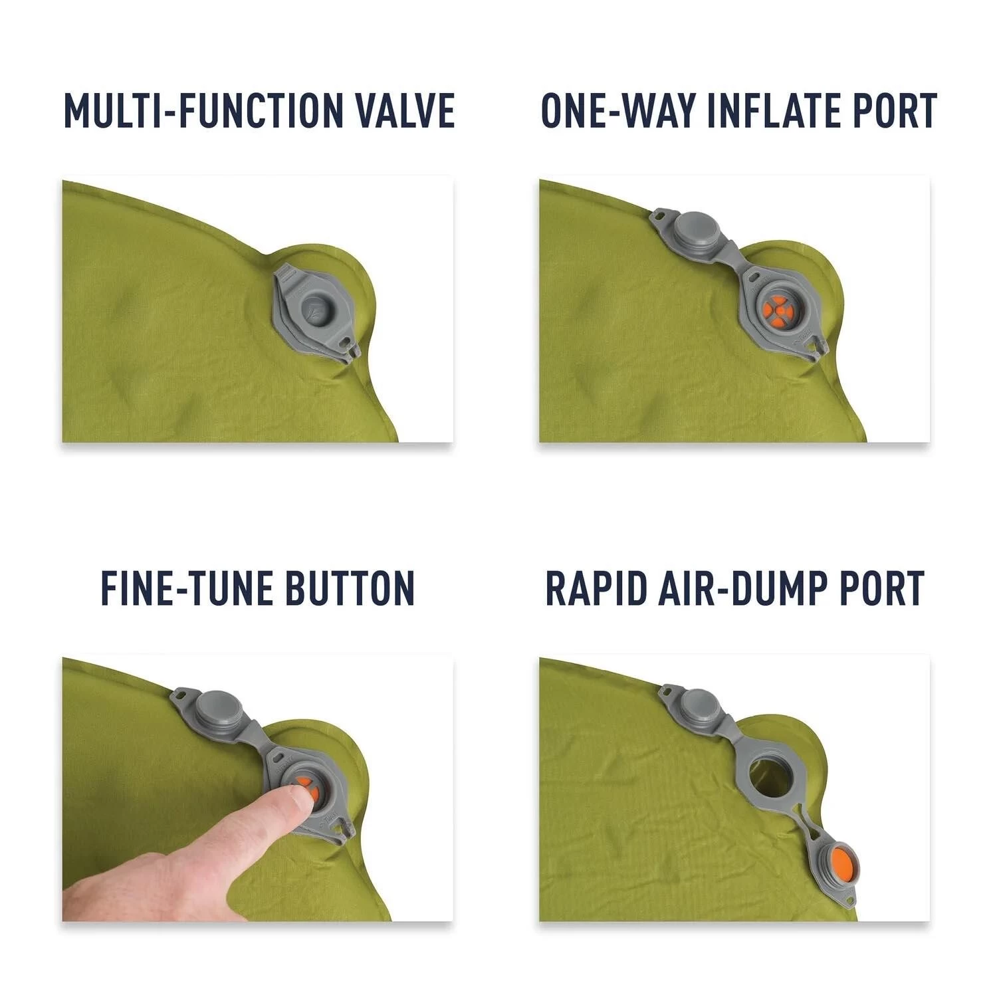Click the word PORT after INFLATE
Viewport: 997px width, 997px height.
click(889, 110)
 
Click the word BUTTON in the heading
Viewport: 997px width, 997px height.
click(349, 588)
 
